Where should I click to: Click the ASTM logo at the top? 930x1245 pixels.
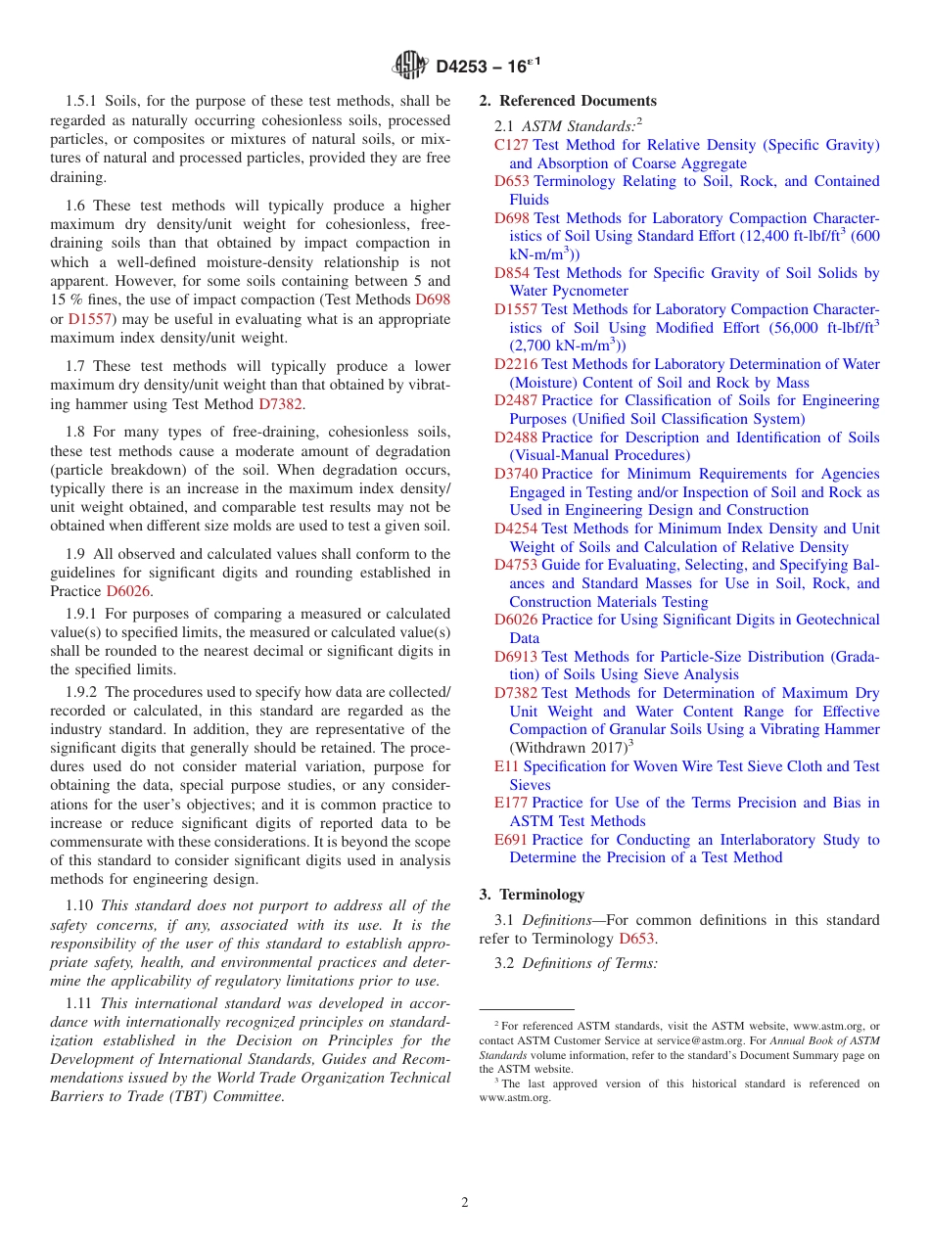point(410,67)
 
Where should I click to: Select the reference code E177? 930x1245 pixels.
point(510,803)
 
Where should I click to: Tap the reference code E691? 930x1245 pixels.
point(510,840)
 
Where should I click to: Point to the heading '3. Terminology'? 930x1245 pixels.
point(532,895)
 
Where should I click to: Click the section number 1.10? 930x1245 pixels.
point(81,905)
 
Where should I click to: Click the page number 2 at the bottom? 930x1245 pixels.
point(465,1203)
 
